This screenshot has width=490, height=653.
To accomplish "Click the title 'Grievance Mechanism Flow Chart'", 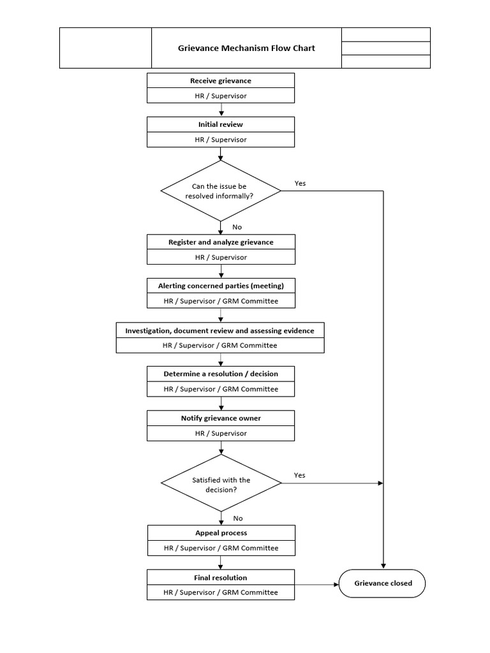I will pos(246,48).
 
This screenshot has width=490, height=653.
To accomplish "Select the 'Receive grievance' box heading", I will pos(221,81).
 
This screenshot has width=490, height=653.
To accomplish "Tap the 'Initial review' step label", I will pos(221,124).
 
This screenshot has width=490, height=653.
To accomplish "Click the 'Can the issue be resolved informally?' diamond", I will pos(221,191).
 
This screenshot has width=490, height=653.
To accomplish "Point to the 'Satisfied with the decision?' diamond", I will pos(221,484).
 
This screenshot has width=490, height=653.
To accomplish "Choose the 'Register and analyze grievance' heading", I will pos(221,242).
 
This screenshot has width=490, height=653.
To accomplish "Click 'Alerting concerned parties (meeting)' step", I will pos(221,286).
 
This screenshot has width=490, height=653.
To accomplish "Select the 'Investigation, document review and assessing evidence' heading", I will pos(219,330).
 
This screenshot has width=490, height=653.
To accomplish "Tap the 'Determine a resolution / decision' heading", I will pos(221,374).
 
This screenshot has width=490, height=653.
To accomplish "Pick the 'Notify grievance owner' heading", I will pos(221,418).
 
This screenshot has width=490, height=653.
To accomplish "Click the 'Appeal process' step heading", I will pos(221,532).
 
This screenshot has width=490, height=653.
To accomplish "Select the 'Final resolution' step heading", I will pos(221,578).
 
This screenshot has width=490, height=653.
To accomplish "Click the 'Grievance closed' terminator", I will pos(383,583).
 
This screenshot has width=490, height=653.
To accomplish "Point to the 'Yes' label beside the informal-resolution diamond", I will pos(300,183).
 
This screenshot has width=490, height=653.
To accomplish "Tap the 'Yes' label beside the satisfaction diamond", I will pos(300,475).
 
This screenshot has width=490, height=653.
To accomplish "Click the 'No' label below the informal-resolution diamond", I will pos(237,226).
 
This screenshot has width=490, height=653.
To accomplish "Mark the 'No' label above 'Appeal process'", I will pos(237,518).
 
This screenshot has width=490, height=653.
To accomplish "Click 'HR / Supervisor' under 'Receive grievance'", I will pos(221,96).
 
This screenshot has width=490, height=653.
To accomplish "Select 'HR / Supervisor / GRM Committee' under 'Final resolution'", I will pos(221,592).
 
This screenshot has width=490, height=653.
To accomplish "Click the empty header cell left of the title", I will pos(105,48).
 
